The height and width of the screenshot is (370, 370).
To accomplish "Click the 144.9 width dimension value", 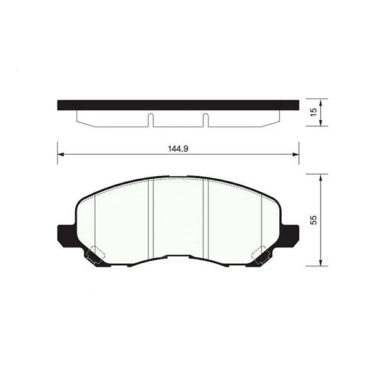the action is [x=178, y=149].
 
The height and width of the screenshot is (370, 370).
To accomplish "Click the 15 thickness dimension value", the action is [x=313, y=112].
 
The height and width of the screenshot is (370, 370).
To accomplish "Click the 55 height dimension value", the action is [x=313, y=220].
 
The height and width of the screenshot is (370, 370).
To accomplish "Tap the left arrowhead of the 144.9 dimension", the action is [x=61, y=155].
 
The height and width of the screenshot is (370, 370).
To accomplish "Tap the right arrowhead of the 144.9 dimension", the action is [x=295, y=155].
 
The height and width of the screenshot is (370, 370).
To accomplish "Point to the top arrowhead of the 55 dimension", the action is [x=321, y=178].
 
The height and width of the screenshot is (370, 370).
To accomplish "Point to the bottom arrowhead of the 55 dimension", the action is [x=321, y=263].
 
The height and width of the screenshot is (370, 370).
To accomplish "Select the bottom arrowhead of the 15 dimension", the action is [x=321, y=123].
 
